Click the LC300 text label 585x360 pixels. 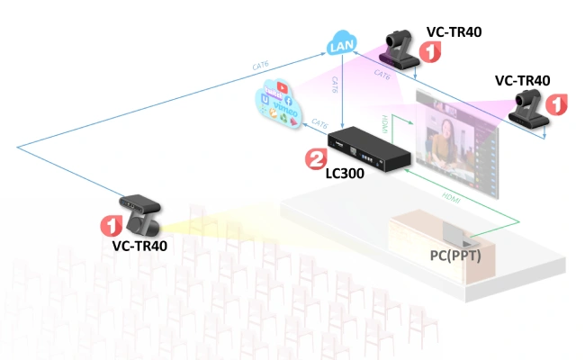tap(345, 173)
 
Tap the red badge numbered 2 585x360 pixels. tap(316, 160)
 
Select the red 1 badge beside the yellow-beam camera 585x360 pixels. tap(110, 222)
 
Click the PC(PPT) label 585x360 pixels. tap(456, 255)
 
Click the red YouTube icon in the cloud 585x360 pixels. tap(284, 89)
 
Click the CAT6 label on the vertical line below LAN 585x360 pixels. tap(336, 86)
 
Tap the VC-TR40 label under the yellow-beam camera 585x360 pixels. tap(139, 245)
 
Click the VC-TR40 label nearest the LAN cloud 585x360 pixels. tap(454, 31)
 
